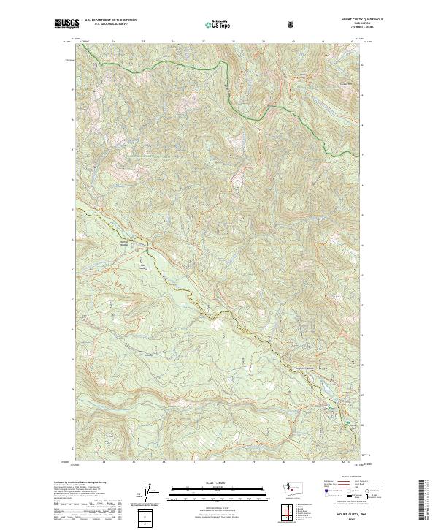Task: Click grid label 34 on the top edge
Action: point(115,40)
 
